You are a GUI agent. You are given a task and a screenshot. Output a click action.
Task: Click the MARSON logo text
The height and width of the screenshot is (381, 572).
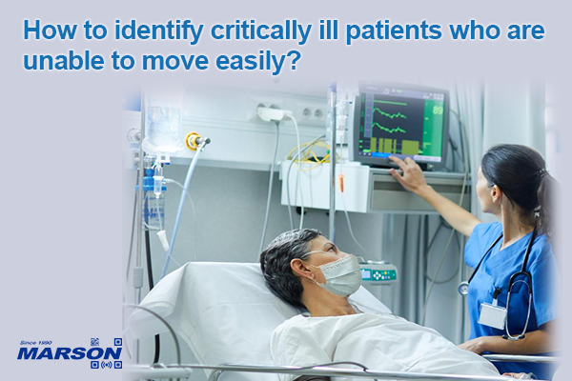coord(53,355)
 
